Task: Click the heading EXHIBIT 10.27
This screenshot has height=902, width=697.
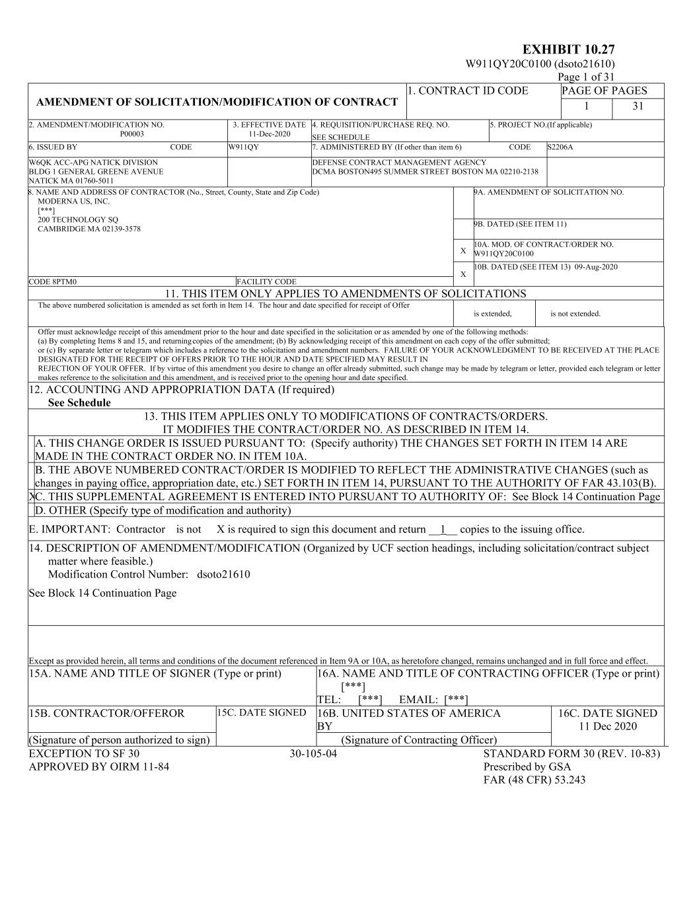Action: tap(568, 50)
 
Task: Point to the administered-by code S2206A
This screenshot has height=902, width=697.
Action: tap(560, 147)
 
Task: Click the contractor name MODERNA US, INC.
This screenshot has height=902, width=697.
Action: tap(74, 202)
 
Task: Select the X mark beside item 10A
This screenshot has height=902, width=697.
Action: tap(463, 251)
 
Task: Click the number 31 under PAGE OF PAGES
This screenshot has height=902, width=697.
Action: tap(638, 106)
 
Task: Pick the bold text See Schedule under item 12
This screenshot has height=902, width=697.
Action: tap(79, 403)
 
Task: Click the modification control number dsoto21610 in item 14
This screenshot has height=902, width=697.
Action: tap(223, 574)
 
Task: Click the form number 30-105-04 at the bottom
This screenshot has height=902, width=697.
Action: tap(313, 754)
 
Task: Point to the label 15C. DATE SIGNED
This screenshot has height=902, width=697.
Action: tap(262, 712)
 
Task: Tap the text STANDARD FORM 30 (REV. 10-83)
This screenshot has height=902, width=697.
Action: tap(571, 754)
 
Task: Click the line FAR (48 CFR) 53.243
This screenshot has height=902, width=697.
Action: tap(534, 780)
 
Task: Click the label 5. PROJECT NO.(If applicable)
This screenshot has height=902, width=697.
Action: tap(541, 125)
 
